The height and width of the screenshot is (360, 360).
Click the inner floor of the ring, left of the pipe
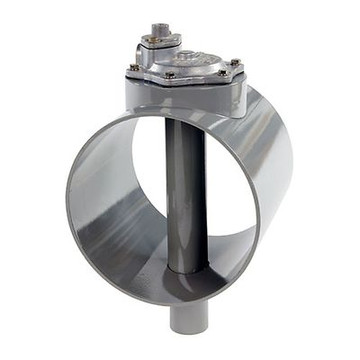click(135, 261)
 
